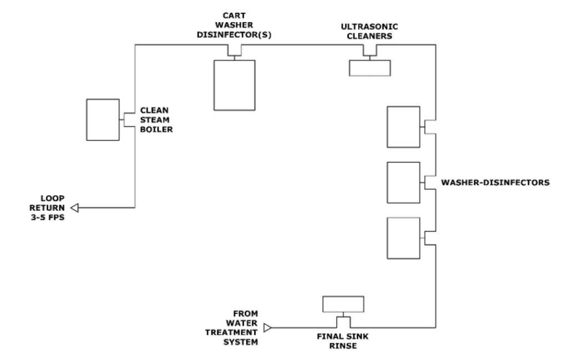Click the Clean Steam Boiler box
(103, 120)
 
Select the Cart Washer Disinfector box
(235, 85)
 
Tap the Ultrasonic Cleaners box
(370, 67)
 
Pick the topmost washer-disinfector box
(403, 127)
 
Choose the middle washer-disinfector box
(403, 182)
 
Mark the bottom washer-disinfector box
(403, 238)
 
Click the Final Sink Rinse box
(343, 304)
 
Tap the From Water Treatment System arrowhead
(267, 328)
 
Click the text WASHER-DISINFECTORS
(495, 182)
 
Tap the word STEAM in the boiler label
(155, 120)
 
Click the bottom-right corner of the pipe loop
(435, 327)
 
